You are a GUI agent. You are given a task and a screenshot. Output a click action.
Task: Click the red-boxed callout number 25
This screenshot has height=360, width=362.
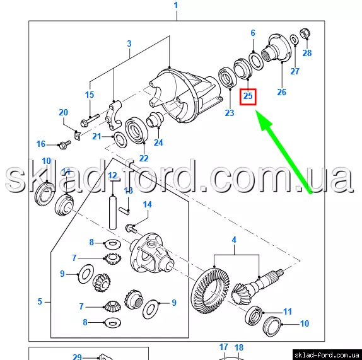click(x=248, y=96)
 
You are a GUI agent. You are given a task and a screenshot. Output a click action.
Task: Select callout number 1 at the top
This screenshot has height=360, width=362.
click(x=176, y=5)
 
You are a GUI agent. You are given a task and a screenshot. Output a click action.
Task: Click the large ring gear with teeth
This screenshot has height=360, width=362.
click(x=211, y=289)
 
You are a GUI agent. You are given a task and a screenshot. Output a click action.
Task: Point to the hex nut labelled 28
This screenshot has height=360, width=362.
click(x=305, y=33)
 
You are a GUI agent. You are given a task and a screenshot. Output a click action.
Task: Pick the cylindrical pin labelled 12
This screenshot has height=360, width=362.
click(x=112, y=212)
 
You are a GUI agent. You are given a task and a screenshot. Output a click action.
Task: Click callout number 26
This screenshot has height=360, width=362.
click(x=282, y=92)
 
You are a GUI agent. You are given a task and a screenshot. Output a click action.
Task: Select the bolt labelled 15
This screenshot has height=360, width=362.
click(x=90, y=120)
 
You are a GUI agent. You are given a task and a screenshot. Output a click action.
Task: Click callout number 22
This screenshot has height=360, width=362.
click(x=144, y=158)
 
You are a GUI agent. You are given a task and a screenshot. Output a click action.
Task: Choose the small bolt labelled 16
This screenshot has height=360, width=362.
click(x=64, y=144)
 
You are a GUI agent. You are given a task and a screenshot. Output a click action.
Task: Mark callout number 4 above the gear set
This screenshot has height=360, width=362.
click(x=234, y=240)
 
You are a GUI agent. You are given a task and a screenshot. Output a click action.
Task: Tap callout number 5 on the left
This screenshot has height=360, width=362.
click(x=40, y=301)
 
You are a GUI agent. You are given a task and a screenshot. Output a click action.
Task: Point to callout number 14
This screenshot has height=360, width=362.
click(x=148, y=204)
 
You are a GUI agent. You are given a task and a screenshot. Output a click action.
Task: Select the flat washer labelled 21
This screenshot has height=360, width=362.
click(x=120, y=140)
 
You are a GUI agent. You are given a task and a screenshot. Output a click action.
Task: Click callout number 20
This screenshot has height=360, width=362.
click(x=64, y=112)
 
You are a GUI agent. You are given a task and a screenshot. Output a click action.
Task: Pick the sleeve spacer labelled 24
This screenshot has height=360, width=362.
click(x=155, y=119)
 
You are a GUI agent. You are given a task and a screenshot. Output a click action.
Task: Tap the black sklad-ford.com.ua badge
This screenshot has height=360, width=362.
click(x=327, y=355)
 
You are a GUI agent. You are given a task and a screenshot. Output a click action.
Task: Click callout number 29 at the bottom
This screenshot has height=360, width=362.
click(x=77, y=357)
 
